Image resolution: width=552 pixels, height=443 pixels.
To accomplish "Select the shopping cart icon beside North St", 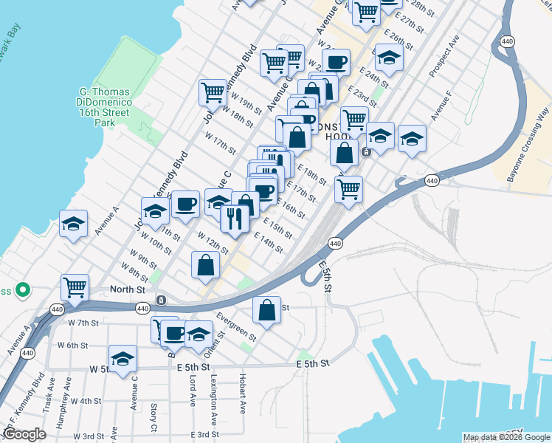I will [75, 287].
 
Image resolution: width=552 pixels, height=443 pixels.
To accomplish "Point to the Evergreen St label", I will [236, 326].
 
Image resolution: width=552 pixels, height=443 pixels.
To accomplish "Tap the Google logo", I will [24, 434].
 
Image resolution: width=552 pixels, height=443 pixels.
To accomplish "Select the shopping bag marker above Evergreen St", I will [267, 311].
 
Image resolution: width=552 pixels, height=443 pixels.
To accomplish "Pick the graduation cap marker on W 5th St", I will [123, 360].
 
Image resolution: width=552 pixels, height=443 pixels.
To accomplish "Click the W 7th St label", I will [83, 323].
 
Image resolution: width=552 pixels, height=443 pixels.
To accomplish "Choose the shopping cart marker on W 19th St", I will [213, 94].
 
